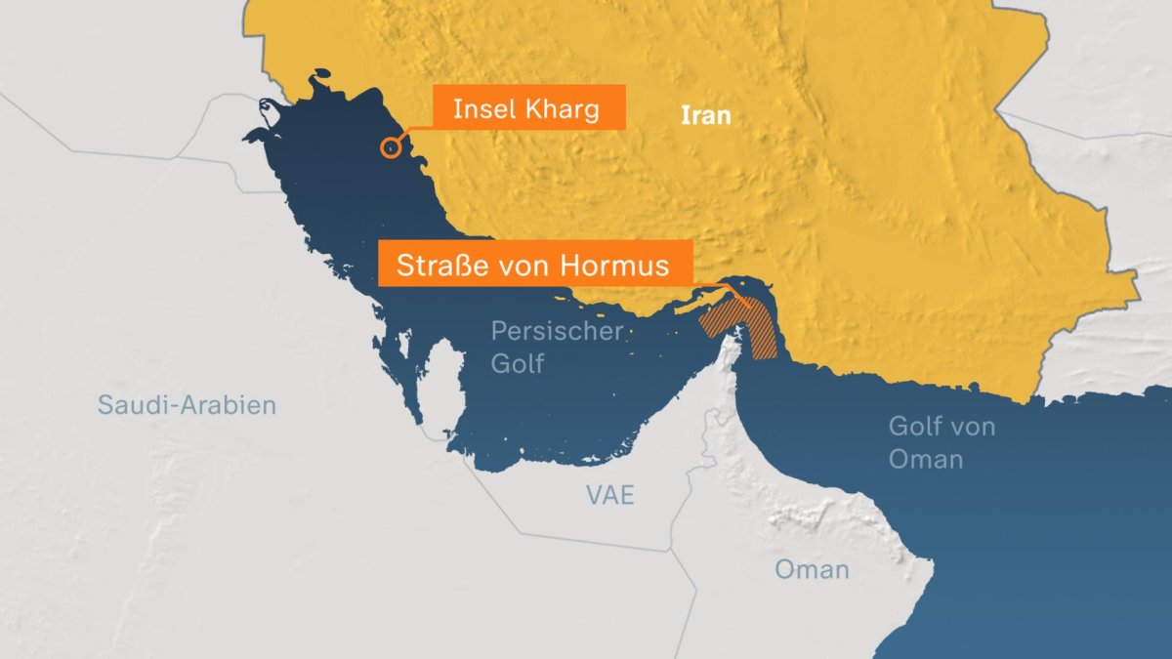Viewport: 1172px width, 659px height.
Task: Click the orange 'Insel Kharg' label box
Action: [527, 109]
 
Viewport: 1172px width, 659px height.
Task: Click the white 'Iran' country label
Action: [705, 116]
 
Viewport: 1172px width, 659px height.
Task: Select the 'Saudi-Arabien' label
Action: [187, 405]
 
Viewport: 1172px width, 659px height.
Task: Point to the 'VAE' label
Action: [610, 495]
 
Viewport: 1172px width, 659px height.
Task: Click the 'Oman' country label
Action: [812, 570]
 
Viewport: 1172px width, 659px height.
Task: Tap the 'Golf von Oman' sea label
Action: [927, 442]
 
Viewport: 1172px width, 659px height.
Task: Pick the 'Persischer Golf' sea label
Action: [557, 347]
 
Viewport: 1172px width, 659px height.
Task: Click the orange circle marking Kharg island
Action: [390, 147]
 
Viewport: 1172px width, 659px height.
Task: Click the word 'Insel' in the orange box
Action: [485, 109]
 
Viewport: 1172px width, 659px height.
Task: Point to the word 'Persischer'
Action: [557, 331]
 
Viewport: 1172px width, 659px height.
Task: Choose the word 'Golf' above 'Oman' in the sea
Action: [916, 427]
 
